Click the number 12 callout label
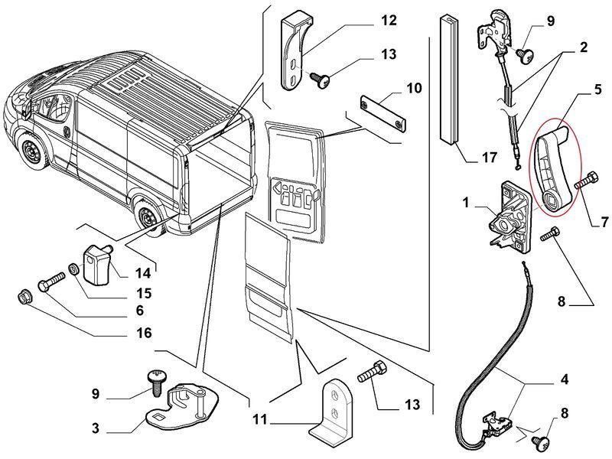click(x=389, y=20)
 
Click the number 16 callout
click(x=144, y=333)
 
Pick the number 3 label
click(x=96, y=428)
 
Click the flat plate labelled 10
click(x=382, y=112)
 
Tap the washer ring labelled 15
click(x=74, y=269)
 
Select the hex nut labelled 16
click(x=22, y=295)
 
